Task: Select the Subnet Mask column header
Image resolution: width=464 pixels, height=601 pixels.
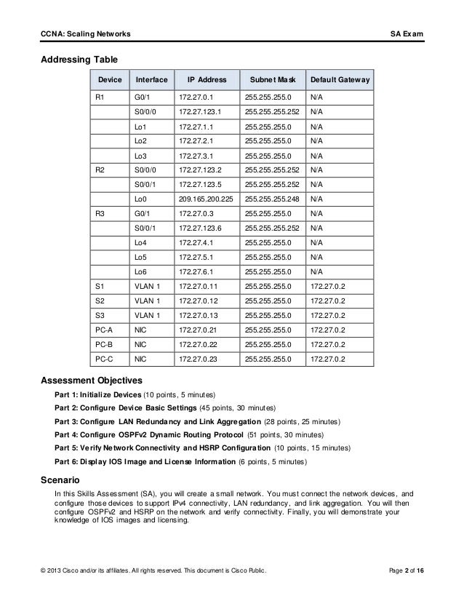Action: (x=269, y=79)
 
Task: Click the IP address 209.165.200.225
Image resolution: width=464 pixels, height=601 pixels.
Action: (x=207, y=198)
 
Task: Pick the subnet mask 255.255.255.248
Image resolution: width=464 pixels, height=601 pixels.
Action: (x=273, y=198)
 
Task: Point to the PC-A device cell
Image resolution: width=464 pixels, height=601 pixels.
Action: (x=103, y=329)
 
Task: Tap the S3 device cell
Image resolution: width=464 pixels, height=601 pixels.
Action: (x=100, y=314)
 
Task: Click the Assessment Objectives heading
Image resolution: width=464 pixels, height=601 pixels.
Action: (x=91, y=380)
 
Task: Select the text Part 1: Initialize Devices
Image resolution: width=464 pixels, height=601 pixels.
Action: (x=103, y=394)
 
